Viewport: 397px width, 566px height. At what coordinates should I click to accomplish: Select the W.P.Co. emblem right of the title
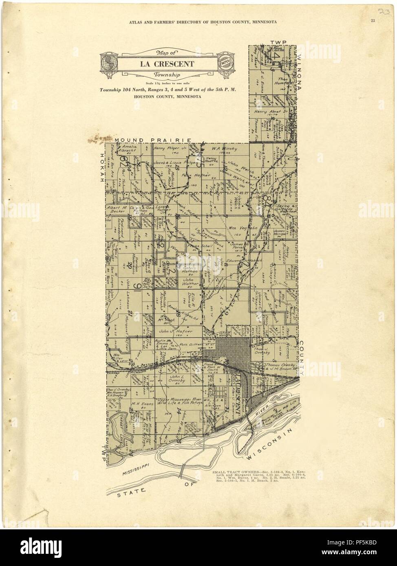pos(225,64)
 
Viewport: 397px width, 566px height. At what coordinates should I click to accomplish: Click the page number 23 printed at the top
pos(373,21)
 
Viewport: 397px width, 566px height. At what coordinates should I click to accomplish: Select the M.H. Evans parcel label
pos(142,404)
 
